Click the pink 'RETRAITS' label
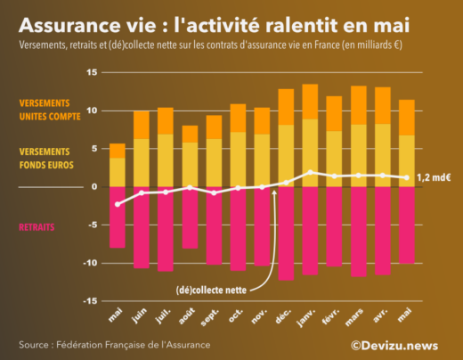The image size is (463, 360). [37, 227]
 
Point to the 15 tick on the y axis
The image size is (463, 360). [92, 72]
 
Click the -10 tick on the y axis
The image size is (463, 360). [90, 263]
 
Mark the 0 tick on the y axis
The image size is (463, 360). [93, 187]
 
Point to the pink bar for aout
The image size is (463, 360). [189, 217]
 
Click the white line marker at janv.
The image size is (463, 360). [310, 172]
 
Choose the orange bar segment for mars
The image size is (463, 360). [358, 105]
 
